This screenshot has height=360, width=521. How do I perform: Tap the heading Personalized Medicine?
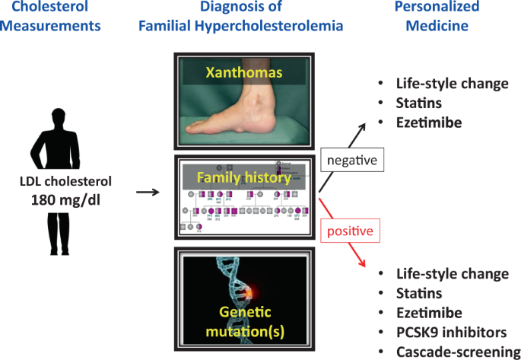(x=437, y=16)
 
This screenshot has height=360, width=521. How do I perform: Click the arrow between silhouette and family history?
(x=149, y=193)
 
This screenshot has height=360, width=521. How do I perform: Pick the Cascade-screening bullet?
(x=453, y=351)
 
